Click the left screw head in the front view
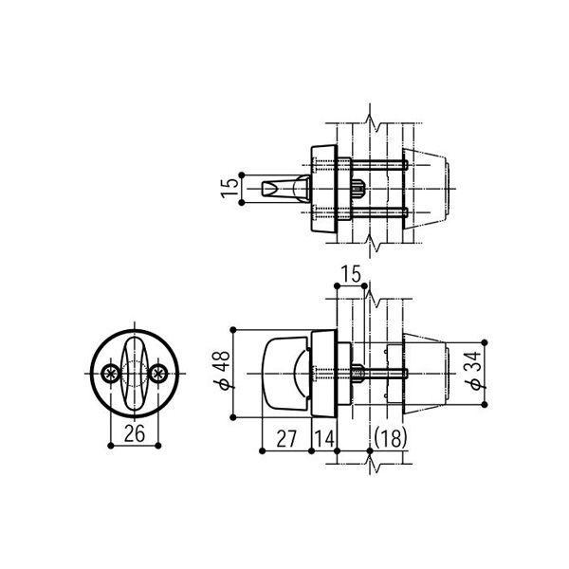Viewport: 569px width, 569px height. click(112, 373)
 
